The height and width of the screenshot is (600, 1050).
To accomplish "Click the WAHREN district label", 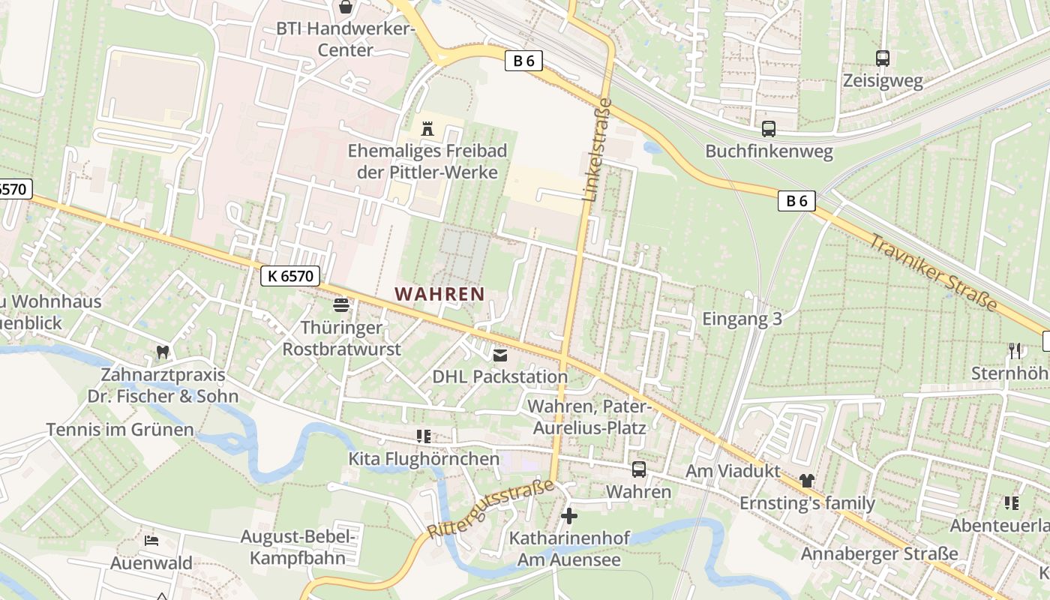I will [x=440, y=294].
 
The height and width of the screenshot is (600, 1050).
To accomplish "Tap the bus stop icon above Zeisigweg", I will [x=883, y=58].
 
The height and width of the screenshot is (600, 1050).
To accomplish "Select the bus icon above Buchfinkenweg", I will [x=769, y=128].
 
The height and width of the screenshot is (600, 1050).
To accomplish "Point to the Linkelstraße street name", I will [x=597, y=150].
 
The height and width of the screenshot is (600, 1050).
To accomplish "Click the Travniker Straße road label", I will [x=934, y=272].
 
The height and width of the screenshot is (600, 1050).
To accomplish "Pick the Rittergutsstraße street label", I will [x=490, y=508].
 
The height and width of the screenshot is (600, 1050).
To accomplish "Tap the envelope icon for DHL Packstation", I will [x=500, y=355].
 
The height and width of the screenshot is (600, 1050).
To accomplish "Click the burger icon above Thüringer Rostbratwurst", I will [x=341, y=305].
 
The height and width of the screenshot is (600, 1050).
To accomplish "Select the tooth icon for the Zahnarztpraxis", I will [x=162, y=352].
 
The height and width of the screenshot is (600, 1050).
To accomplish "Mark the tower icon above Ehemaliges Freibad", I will [x=427, y=128].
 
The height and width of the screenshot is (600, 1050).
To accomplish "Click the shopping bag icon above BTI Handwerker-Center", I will [x=346, y=7].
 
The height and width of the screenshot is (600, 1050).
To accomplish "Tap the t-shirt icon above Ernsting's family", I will [x=807, y=481].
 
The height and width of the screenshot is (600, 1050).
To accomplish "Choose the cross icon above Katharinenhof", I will [x=569, y=516].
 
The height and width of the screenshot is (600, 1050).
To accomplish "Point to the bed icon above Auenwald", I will [x=151, y=541].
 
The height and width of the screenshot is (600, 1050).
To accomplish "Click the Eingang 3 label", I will [x=742, y=319].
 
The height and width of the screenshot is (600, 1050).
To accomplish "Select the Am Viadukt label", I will [x=733, y=471].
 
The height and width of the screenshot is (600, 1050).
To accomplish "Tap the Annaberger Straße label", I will [x=880, y=553].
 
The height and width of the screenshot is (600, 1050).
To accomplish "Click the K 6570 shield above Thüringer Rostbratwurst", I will [x=290, y=276].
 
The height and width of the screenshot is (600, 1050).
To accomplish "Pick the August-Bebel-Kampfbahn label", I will [x=298, y=547].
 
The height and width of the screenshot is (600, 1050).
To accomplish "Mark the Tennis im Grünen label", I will [x=120, y=430].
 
